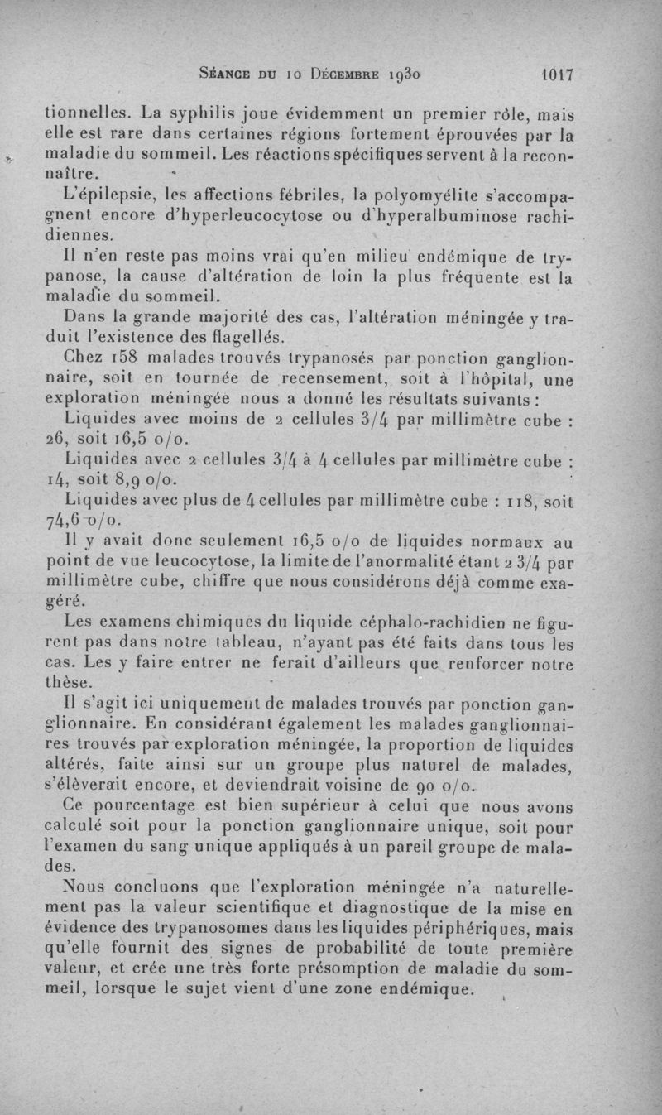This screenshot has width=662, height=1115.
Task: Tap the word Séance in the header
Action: coord(228,74)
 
